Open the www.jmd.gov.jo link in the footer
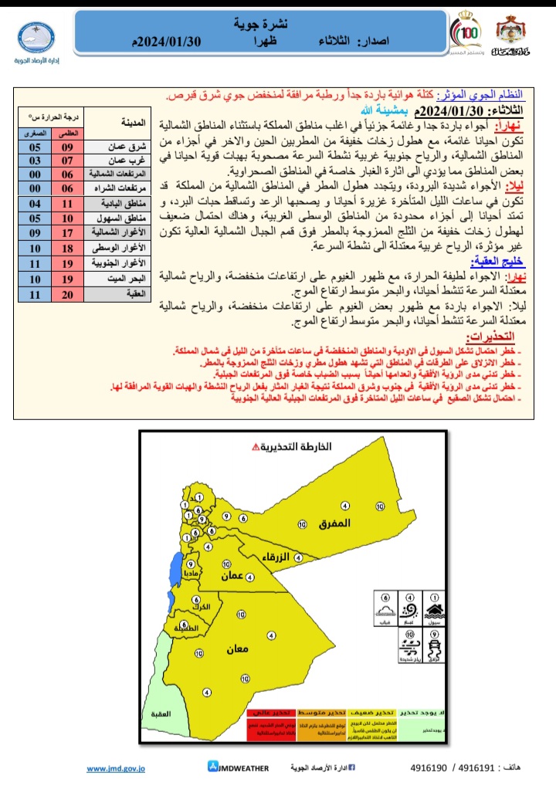[116, 768]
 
